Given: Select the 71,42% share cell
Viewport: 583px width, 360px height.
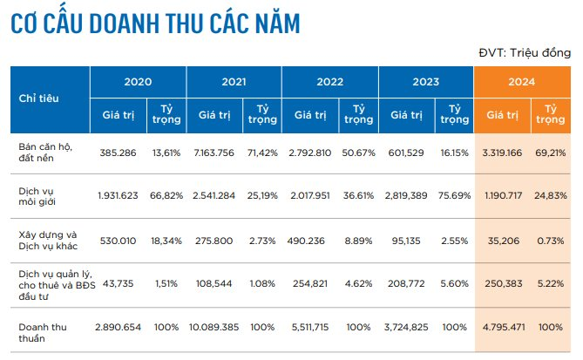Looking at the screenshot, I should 262,151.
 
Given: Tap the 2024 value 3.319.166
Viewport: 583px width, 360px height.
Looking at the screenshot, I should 502,151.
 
